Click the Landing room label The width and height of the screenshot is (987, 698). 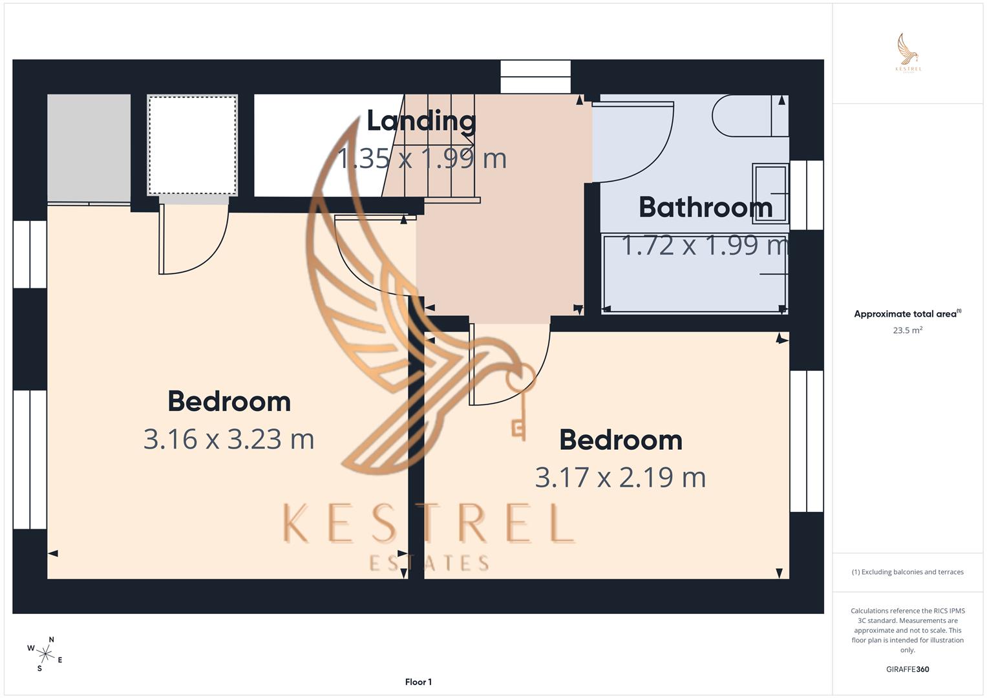(x=421, y=121)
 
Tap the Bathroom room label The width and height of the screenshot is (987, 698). (x=705, y=207)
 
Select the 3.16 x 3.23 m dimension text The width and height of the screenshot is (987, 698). (x=229, y=439)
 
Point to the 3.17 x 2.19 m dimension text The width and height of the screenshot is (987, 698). (x=621, y=478)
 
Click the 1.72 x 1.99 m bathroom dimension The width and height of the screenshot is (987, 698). (x=705, y=246)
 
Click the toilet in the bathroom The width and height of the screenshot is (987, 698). (x=750, y=116)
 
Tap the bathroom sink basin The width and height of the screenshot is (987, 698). (x=770, y=193)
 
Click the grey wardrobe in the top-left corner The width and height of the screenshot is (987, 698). (x=89, y=147)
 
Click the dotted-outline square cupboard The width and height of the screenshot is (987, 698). (x=193, y=145)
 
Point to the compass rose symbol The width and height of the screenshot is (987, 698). (x=45, y=654)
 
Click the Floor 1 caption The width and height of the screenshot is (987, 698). (x=418, y=682)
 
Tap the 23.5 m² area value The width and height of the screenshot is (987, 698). (x=907, y=330)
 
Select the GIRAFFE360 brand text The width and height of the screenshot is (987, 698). (x=907, y=670)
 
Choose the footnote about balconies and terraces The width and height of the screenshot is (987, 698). (x=907, y=572)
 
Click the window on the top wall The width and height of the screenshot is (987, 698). (x=536, y=76)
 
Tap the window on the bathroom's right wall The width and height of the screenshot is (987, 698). (x=806, y=195)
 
